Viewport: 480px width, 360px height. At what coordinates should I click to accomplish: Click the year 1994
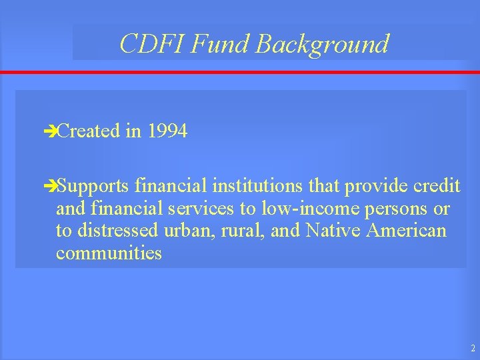[x=167, y=131]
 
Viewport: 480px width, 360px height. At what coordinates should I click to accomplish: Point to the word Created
[x=88, y=131]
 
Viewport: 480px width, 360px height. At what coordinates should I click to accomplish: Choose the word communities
[x=109, y=253]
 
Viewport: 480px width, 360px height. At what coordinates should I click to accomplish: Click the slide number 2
[x=472, y=348]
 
